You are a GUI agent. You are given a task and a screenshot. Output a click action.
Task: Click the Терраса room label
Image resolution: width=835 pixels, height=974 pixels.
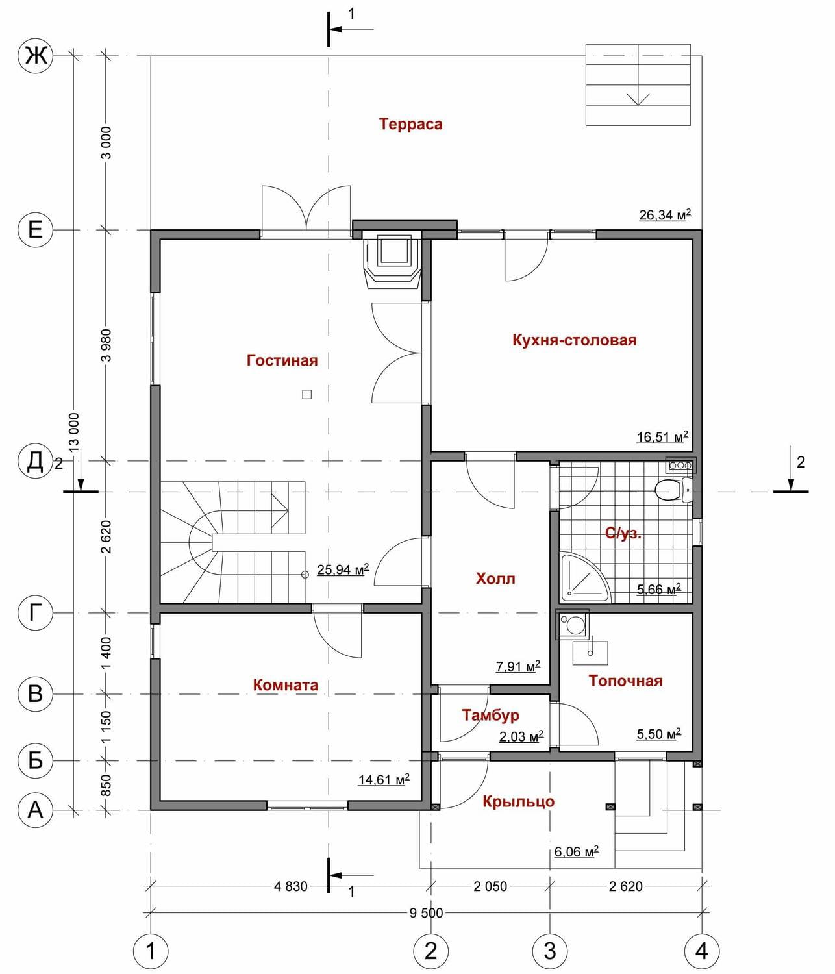410,125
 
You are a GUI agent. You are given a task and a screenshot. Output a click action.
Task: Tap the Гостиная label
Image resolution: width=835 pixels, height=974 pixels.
282,360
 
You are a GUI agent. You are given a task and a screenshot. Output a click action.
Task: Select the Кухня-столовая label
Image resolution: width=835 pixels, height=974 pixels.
575,340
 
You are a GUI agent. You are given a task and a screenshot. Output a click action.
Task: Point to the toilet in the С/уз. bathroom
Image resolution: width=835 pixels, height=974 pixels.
674,490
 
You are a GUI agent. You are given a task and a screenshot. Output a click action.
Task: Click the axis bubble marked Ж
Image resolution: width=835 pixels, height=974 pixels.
35,56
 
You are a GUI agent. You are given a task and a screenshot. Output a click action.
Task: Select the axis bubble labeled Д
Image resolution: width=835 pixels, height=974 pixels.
35,460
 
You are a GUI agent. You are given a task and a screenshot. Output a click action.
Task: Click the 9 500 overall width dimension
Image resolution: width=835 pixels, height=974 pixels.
427,913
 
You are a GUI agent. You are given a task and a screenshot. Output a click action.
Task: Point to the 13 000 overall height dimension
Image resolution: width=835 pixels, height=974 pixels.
74,432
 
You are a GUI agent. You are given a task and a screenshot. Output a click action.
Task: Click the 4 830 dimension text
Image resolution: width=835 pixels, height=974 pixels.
291,886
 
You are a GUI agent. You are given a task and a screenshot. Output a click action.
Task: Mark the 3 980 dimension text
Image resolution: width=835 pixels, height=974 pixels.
106,345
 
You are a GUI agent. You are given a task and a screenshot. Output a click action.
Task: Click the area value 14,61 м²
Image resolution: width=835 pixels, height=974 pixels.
384,779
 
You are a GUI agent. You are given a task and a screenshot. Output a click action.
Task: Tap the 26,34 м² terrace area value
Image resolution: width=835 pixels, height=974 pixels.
665,215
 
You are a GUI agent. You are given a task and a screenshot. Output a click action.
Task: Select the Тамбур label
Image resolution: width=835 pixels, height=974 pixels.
490,715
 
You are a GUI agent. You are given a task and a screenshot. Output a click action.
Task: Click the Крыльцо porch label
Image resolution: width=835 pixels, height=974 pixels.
518,801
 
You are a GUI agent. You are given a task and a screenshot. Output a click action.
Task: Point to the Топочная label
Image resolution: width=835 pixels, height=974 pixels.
625,681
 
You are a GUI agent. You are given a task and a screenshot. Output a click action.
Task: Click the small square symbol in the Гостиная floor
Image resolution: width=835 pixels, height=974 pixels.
306,394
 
